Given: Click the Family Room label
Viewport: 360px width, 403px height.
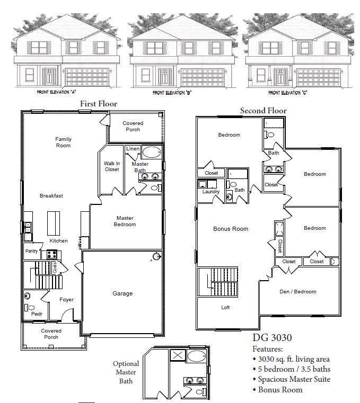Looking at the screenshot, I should click(x=63, y=142).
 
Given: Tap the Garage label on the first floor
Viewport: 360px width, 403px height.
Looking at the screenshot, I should click(x=122, y=293).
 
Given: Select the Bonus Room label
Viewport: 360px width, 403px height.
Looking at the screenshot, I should click(x=231, y=229).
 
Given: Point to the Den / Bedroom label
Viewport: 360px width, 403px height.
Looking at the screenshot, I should click(x=297, y=291).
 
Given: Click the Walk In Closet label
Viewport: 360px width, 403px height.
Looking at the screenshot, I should click(x=111, y=166).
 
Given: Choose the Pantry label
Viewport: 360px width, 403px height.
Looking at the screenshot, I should click(x=31, y=251).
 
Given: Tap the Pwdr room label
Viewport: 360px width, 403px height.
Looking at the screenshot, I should click(x=37, y=314).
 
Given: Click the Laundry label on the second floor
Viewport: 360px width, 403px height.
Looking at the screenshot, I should click(x=210, y=192).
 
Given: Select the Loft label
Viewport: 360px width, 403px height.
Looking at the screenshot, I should click(x=225, y=307).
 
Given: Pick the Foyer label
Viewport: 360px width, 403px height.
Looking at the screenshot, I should click(x=66, y=300).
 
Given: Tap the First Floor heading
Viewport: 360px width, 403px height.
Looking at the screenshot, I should click(x=98, y=104).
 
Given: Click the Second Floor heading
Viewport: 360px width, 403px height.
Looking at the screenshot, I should click(x=263, y=111).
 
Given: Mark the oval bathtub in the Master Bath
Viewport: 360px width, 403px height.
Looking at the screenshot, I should click(x=152, y=153).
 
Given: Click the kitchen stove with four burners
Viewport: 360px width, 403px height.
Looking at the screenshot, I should click(x=52, y=254).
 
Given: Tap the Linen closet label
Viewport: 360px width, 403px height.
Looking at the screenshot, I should click(x=133, y=149).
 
